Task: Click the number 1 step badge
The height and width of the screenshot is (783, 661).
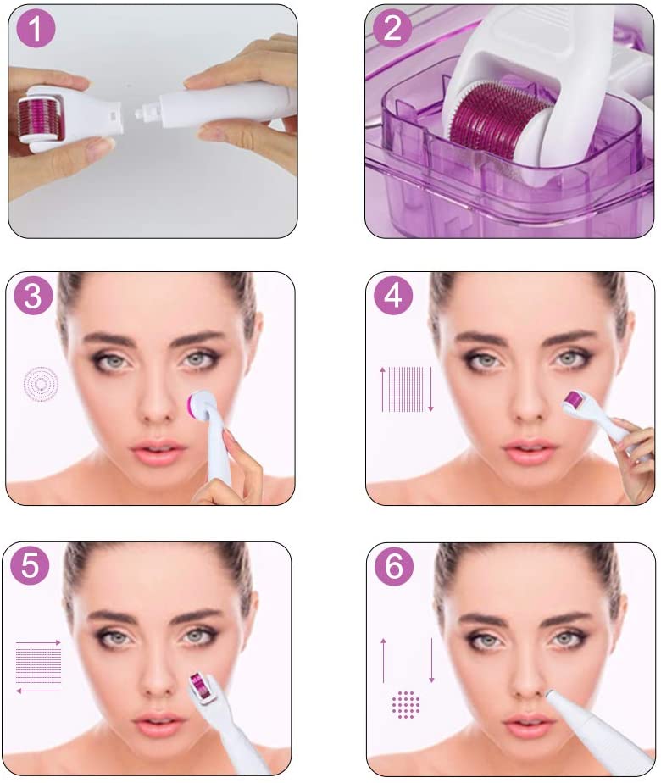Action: pyautogui.click(x=36, y=29)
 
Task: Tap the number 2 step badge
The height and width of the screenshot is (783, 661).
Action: pyautogui.click(x=392, y=29)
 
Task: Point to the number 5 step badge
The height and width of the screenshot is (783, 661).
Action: pyautogui.click(x=30, y=565)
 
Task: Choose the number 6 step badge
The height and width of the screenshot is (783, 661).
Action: pyautogui.click(x=394, y=565)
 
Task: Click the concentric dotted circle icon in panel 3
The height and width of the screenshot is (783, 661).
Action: pyautogui.click(x=41, y=384)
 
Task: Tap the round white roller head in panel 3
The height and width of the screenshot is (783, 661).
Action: pyautogui.click(x=203, y=405)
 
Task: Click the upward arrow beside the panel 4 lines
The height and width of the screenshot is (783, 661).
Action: pyautogui.click(x=383, y=390)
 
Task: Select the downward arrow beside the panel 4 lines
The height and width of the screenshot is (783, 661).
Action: pyautogui.click(x=430, y=390)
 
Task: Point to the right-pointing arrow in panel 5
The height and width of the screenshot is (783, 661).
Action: pyautogui.click(x=38, y=642)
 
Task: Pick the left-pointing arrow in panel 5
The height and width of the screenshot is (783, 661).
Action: pyautogui.click(x=38, y=691)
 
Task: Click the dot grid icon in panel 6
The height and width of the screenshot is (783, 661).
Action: pyautogui.click(x=406, y=704)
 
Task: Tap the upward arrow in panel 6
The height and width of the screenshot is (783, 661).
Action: pyautogui.click(x=383, y=660)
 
